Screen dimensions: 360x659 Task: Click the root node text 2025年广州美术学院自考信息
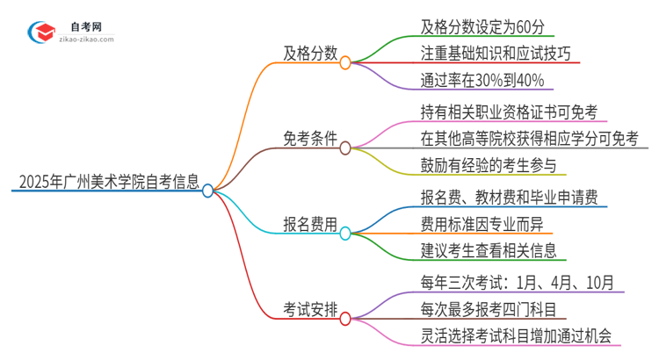click(x=107, y=183)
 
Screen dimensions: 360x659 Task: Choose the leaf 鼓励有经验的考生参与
click(x=489, y=166)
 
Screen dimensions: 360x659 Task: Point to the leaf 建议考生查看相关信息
click(x=489, y=251)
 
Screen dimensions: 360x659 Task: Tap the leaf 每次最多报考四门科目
click(x=489, y=309)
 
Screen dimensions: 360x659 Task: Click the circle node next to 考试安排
click(x=345, y=318)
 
